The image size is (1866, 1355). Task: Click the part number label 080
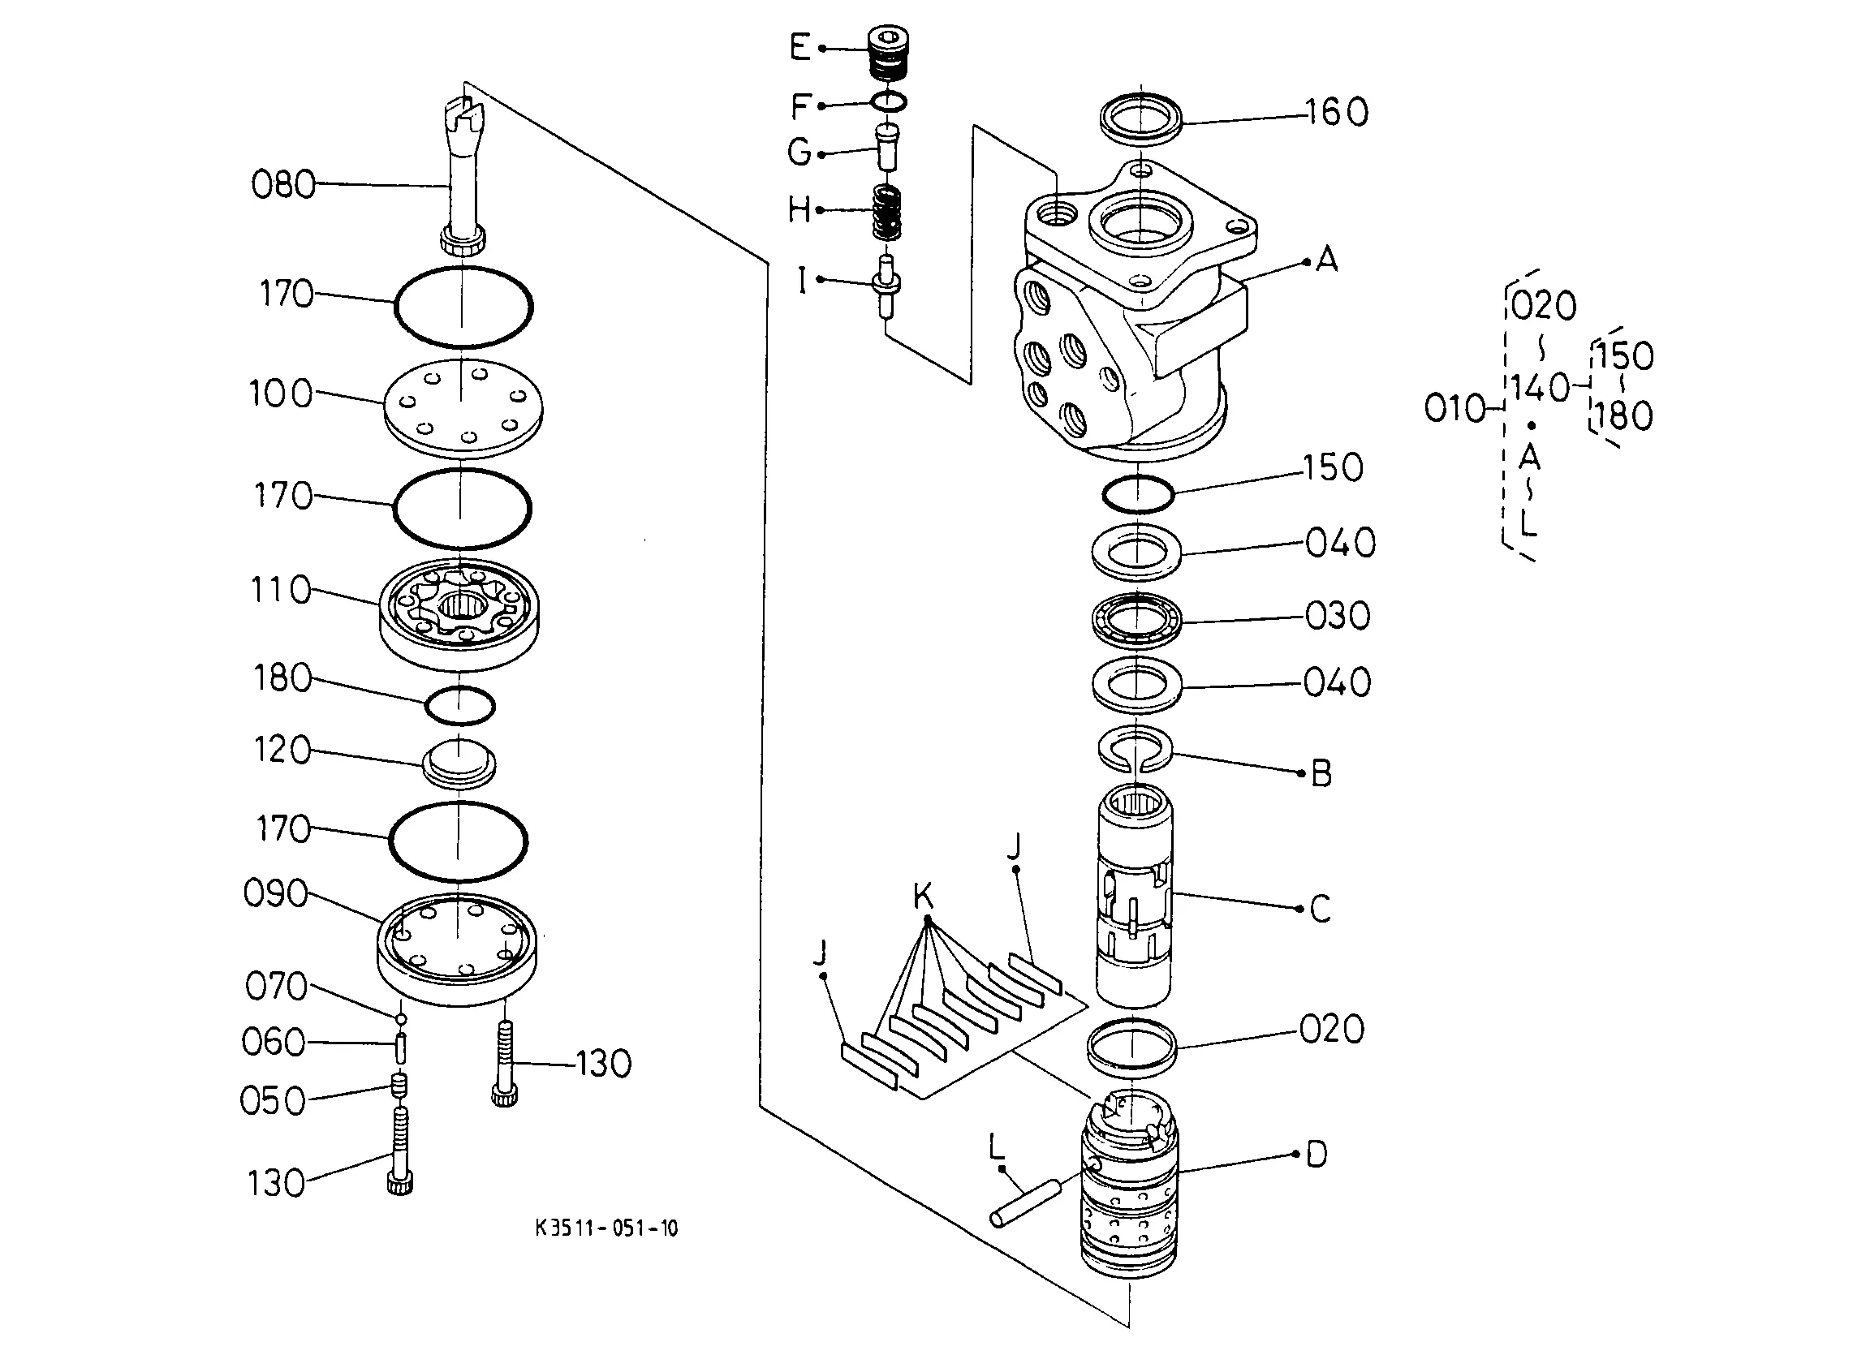click(283, 184)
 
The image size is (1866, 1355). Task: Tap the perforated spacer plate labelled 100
click(463, 408)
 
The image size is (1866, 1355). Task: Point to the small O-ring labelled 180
click(460, 705)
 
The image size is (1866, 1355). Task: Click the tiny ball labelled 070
click(401, 1019)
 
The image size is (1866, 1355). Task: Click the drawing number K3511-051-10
click(606, 1228)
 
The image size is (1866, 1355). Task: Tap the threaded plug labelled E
click(890, 53)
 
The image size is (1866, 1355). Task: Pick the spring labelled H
click(886, 213)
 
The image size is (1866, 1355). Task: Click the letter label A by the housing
click(1326, 260)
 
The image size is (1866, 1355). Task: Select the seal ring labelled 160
click(1141, 117)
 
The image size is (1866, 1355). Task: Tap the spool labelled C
click(1136, 896)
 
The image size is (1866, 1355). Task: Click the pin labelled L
click(1028, 1203)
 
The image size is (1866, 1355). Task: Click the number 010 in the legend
click(1455, 408)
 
